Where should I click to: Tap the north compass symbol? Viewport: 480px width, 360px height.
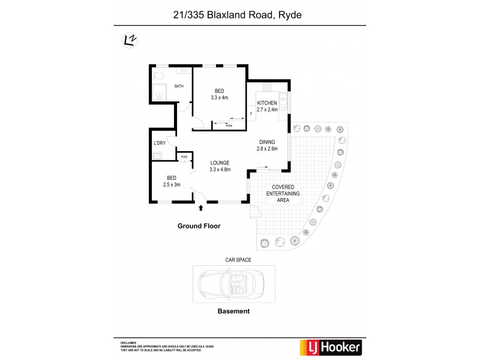tap(128, 40)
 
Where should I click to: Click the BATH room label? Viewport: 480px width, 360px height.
tap(179, 86)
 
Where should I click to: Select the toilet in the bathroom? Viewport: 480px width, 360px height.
tap(158, 76)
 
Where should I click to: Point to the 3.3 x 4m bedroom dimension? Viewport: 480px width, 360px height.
tap(220, 97)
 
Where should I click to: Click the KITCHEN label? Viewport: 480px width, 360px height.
tap(267, 103)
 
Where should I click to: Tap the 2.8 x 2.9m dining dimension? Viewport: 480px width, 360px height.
tap(268, 148)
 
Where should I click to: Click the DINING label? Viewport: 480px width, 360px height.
tap(268, 142)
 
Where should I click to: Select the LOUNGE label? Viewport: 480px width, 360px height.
tap(220, 163)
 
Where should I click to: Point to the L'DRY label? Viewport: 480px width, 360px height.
tap(160, 143)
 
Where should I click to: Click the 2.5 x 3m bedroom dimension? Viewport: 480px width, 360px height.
tap(172, 184)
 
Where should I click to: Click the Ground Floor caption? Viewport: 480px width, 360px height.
tap(199, 226)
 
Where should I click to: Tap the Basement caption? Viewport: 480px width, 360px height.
tap(233, 311)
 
